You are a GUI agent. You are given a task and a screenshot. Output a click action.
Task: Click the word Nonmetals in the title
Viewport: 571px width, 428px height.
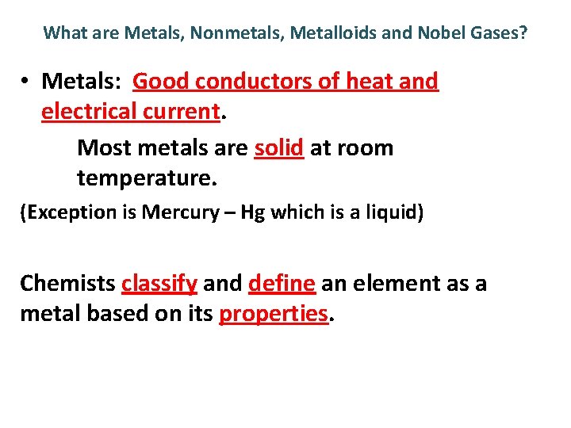pyautogui.click(x=244, y=33)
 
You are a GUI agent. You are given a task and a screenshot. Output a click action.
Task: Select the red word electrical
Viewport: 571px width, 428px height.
pyautogui.click(x=90, y=112)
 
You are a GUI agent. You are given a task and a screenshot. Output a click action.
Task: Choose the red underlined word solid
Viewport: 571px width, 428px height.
pyautogui.click(x=279, y=147)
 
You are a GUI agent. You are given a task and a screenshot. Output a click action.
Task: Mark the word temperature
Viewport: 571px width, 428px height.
pyautogui.click(x=146, y=178)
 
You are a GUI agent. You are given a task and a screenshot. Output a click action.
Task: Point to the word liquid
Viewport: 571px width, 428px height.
pyautogui.click(x=394, y=212)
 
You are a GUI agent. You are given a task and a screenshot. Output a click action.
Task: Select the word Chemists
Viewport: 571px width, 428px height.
pyautogui.click(x=67, y=283)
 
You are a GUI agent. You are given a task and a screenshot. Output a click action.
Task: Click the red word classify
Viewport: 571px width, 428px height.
pyautogui.click(x=159, y=283)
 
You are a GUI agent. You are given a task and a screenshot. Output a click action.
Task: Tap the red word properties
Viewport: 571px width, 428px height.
pyautogui.click(x=274, y=314)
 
